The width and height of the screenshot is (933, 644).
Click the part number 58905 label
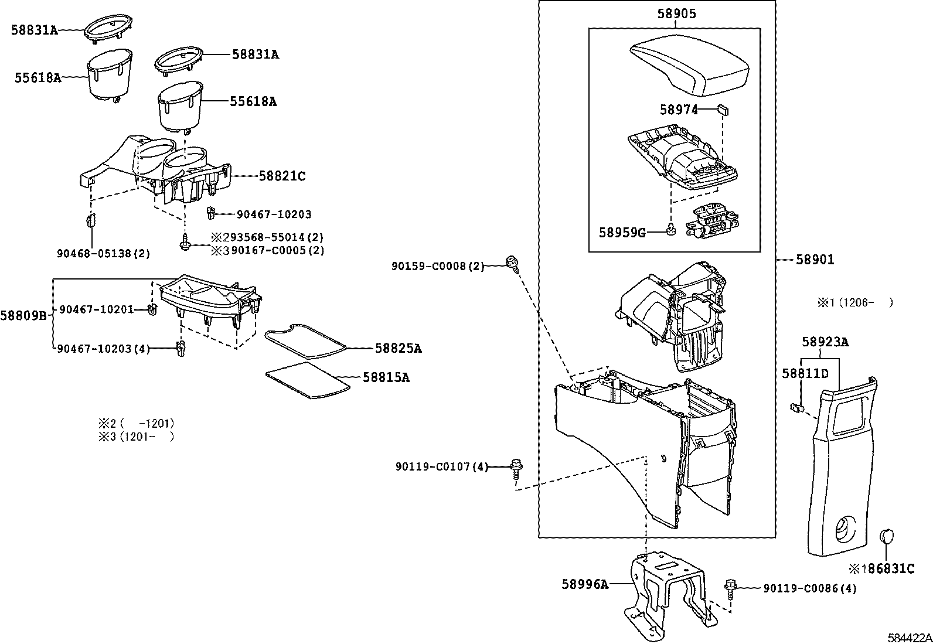(676, 14)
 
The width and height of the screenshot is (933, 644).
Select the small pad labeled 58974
(723, 109)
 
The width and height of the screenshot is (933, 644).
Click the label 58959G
(622, 233)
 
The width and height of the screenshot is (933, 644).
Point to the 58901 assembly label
(815, 260)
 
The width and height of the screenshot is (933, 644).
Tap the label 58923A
(825, 342)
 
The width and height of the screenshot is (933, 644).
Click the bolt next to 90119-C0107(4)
(516, 467)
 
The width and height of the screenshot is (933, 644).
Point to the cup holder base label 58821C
(282, 176)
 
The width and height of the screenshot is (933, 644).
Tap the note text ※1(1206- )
(855, 302)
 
